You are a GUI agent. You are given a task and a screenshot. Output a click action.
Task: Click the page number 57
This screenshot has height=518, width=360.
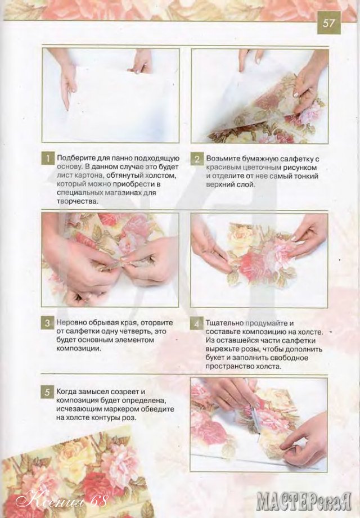328,23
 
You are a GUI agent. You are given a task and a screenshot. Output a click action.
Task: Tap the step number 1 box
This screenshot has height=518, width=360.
48,159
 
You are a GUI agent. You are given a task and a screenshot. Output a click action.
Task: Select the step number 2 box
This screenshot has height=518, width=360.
197,159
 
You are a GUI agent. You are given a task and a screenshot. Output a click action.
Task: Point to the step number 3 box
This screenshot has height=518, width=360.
48,323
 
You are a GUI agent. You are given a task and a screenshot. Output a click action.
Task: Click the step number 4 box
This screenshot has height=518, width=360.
197,323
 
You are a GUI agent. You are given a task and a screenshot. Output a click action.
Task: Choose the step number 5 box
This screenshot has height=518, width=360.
48,392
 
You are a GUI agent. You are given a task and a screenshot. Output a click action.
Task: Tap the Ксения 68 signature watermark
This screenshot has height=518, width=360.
62,502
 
